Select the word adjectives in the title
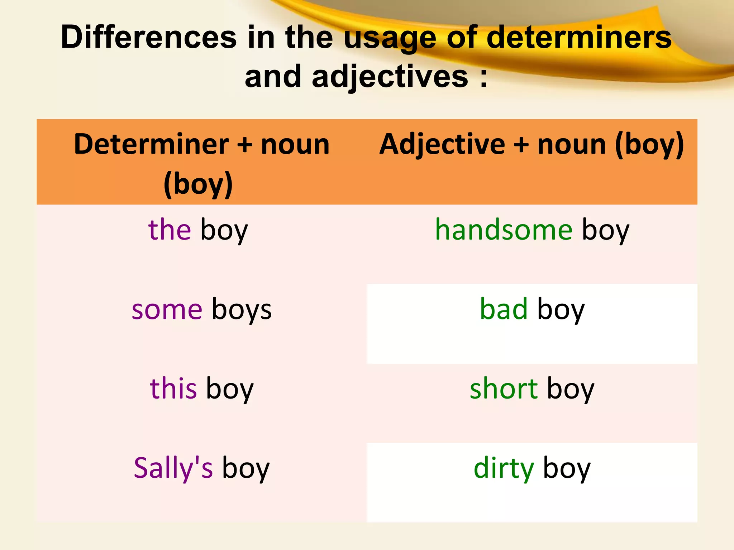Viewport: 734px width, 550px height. pyautogui.click(x=390, y=77)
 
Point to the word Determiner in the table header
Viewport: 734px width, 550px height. pyautogui.click(x=151, y=144)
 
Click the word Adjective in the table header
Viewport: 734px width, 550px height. pyautogui.click(x=442, y=144)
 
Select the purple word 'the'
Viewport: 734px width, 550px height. pyautogui.click(x=170, y=230)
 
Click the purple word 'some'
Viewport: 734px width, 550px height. pyautogui.click(x=167, y=309)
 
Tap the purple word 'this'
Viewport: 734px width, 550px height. pyautogui.click(x=173, y=389)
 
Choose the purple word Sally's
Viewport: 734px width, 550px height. pyautogui.click(x=173, y=468)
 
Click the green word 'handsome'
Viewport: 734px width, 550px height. pyautogui.click(x=504, y=230)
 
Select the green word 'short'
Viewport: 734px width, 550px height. pyautogui.click(x=504, y=389)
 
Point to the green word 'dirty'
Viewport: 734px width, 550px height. pyautogui.click(x=504, y=468)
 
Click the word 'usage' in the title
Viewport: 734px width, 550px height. pyautogui.click(x=390, y=38)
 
